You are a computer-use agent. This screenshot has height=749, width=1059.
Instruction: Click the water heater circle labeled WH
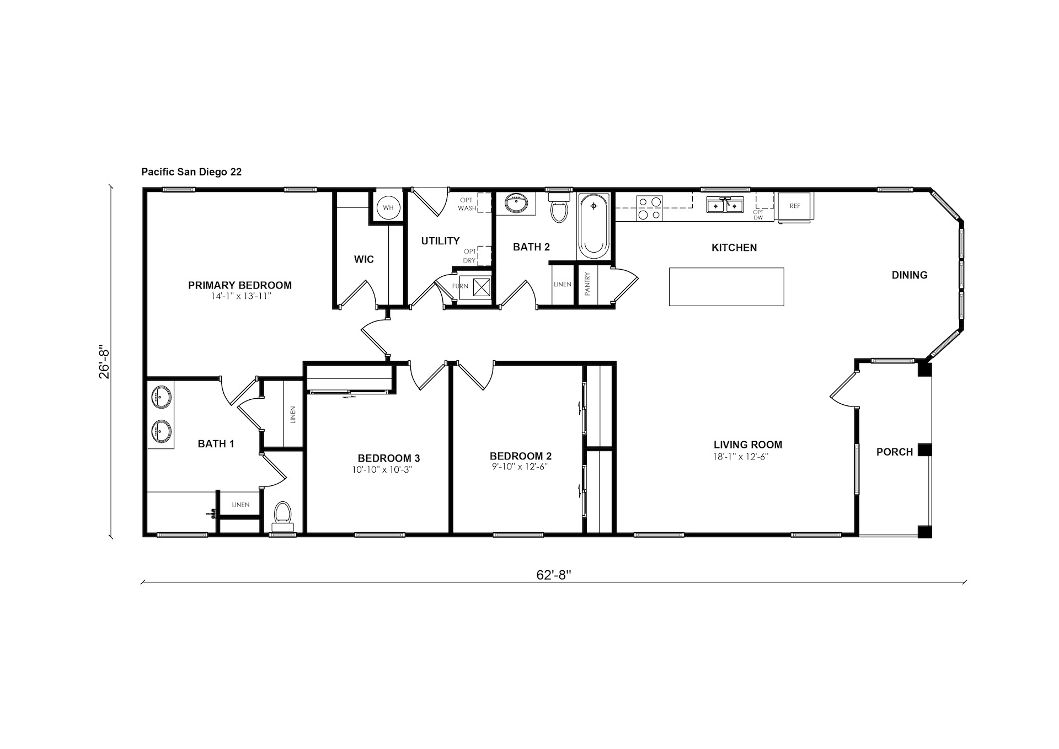pos(388,207)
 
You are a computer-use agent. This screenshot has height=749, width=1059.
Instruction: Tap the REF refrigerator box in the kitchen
pos(794,206)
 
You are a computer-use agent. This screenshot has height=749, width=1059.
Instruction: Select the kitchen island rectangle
pos(726,287)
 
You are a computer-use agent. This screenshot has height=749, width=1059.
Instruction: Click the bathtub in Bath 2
pos(593,226)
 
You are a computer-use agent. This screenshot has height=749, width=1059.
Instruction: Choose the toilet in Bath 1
pos(283,516)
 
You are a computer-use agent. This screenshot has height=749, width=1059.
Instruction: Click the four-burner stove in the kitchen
pos(649,208)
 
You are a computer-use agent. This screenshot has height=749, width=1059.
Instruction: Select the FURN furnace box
pos(475,287)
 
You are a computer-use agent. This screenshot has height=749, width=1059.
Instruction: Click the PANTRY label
pos(587,284)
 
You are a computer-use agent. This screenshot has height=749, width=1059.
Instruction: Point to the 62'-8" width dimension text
pos(553,575)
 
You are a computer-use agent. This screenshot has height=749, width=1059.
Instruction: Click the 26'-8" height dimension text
pos(104,362)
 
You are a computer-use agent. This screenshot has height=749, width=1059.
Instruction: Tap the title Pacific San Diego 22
pos(191,172)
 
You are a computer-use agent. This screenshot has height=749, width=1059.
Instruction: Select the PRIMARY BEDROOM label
pos(240,285)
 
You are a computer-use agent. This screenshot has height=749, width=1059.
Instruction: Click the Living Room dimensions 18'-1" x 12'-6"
pos(741,457)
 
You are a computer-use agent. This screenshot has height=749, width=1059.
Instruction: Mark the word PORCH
pos(895,452)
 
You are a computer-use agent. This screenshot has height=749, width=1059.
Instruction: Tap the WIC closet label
pos(364,259)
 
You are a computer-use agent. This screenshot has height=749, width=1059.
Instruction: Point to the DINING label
pos(910,275)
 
